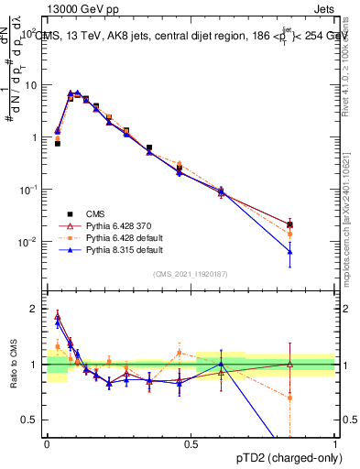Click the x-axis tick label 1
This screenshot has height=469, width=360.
[x=335, y=442]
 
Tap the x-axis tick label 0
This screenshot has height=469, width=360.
[x=47, y=442]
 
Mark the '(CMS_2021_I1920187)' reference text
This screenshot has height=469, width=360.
[x=190, y=274]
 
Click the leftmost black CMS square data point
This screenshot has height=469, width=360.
[x=58, y=144]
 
